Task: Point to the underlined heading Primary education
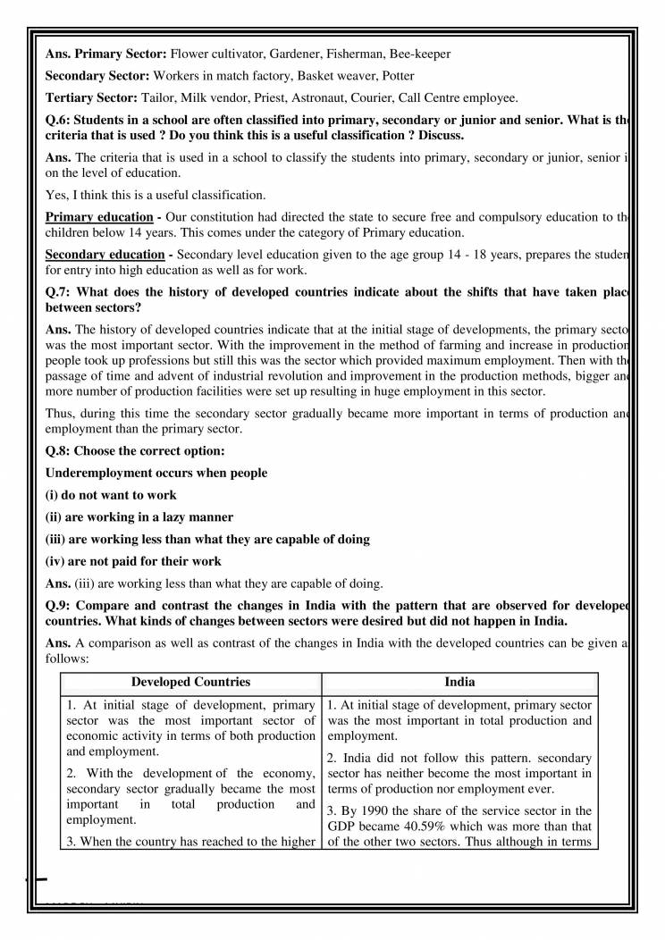(x=99, y=217)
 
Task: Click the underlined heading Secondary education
(x=105, y=255)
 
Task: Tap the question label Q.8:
(x=62, y=451)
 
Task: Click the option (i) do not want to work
(x=111, y=494)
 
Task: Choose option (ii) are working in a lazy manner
(x=139, y=516)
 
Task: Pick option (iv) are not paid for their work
(x=134, y=562)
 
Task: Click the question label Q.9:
(x=62, y=605)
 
